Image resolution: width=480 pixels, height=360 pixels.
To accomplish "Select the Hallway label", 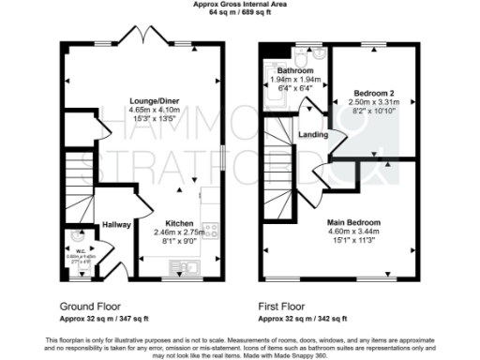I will click(115, 225).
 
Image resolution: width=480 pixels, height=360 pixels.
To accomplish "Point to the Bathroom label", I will click(293, 71).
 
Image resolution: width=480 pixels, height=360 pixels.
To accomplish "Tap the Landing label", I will click(313, 134).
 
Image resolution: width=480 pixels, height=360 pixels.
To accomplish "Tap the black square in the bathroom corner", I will click(271, 52).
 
